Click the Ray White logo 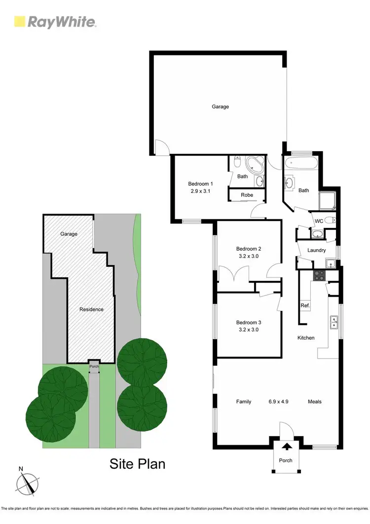coord(55,22)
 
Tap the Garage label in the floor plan coord(220,106)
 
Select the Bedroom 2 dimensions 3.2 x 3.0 coord(248,256)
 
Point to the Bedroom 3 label coord(248,322)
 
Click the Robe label coord(247,195)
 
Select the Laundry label coord(316,250)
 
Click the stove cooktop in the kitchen coord(319,276)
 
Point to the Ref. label coord(305,306)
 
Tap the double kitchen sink coord(333,322)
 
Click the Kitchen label coord(306,338)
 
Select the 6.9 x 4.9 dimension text coord(278,401)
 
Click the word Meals coord(315,401)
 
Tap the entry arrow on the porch coord(286,448)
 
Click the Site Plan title coord(137,464)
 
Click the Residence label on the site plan coord(92,309)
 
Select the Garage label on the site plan coord(69,234)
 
